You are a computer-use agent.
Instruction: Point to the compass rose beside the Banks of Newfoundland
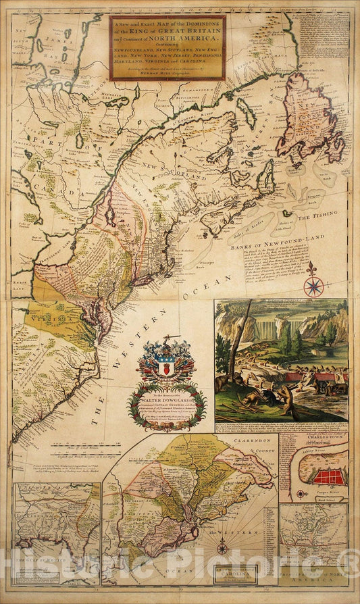pyautogui.click(x=313, y=285)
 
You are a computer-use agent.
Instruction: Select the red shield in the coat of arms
pyautogui.click(x=166, y=371)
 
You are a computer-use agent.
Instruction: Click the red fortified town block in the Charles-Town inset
pyautogui.click(x=329, y=478)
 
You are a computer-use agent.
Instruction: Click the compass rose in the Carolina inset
pyautogui.click(x=222, y=547)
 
